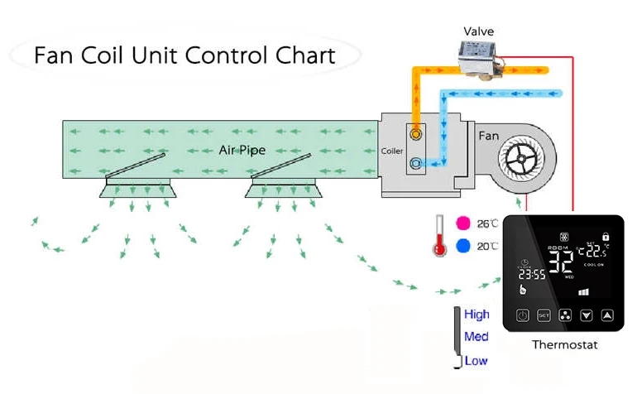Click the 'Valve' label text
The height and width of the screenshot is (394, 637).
478,31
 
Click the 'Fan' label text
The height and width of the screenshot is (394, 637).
489,132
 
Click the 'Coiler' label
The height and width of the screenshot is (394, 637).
392,151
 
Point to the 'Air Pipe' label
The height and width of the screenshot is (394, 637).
242,150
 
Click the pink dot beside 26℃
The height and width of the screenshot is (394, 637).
463,223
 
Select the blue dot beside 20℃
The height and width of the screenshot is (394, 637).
463,246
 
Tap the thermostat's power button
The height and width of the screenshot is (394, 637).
522,315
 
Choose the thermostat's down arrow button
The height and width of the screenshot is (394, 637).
587,315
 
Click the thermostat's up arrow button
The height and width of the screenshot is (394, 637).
608,315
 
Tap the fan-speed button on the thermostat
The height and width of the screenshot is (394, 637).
565,315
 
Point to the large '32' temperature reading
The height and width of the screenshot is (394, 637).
562,262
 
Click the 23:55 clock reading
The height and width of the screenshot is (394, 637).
532,275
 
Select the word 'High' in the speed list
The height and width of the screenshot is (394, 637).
477,315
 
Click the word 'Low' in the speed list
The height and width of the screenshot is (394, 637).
476,361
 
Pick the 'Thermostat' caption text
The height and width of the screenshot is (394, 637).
564,344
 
